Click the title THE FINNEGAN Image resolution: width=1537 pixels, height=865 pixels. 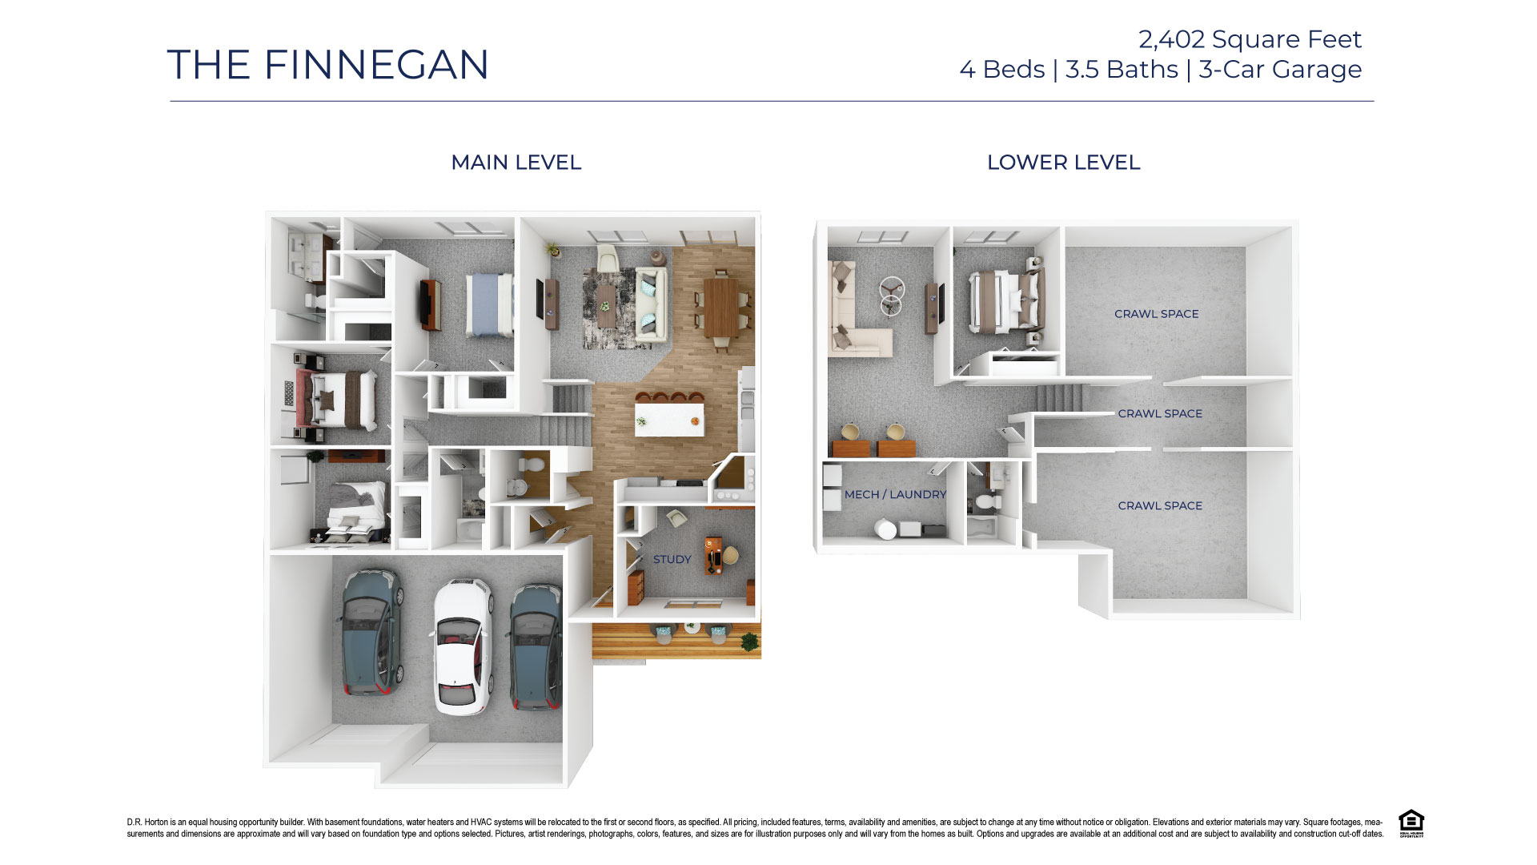point(327,65)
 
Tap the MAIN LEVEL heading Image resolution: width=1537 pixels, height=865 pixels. point(516,163)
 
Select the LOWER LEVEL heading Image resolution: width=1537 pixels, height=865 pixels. point(1063,163)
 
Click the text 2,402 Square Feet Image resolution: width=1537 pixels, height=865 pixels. point(1250,39)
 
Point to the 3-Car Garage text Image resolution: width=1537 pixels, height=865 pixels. point(1280,70)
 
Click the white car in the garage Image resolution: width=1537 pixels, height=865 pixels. point(461,646)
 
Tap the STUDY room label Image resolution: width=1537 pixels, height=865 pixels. point(672,560)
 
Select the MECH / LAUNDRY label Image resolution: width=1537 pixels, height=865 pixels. point(895,495)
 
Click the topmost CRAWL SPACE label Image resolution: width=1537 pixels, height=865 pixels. point(1156,314)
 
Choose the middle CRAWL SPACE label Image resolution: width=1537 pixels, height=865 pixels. point(1160,414)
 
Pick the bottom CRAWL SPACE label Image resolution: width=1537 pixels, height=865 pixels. point(1160,506)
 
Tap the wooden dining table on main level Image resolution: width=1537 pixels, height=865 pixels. point(720,308)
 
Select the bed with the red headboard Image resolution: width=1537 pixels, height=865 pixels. point(336,399)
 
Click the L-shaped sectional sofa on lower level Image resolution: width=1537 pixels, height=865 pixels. point(853,320)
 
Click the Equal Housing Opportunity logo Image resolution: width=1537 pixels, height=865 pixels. point(1411,823)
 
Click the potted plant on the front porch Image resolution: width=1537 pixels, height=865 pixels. point(749,641)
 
